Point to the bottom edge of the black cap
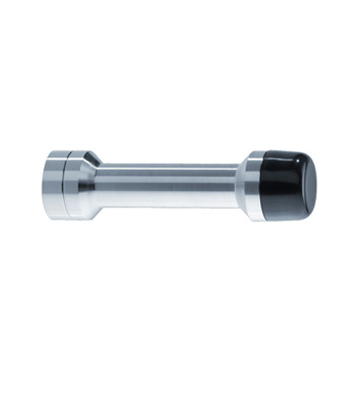click(x=288, y=206)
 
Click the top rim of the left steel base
click(x=65, y=150)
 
